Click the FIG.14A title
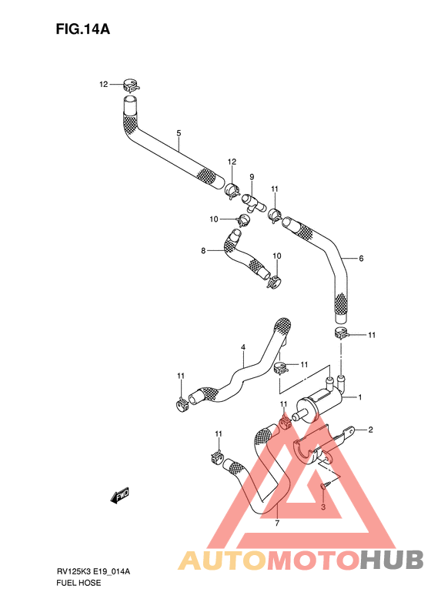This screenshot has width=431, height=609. point(82,28)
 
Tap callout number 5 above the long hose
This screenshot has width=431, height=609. point(179,133)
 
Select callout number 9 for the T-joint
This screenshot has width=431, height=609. point(252,177)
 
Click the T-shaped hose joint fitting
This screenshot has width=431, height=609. point(253,203)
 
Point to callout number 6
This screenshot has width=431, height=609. point(361,258)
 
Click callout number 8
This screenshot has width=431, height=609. point(203,251)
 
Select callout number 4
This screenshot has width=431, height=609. point(243,346)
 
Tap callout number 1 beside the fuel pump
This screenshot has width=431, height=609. point(360,397)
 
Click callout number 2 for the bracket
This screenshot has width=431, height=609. point(370,430)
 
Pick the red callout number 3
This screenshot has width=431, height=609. point(323,507)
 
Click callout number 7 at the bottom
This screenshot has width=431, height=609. point(277,524)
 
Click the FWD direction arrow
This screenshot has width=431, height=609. point(119,496)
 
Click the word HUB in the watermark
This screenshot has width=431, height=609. point(390,560)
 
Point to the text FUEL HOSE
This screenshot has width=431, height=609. point(79,583)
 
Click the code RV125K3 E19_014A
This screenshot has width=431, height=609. point(93,572)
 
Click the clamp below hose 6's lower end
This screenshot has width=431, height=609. point(341,333)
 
